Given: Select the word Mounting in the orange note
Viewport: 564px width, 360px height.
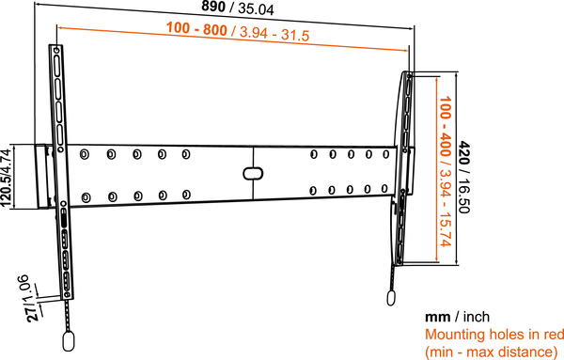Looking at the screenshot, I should (454, 334).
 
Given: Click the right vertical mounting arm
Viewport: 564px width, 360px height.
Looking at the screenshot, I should (403, 169).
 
